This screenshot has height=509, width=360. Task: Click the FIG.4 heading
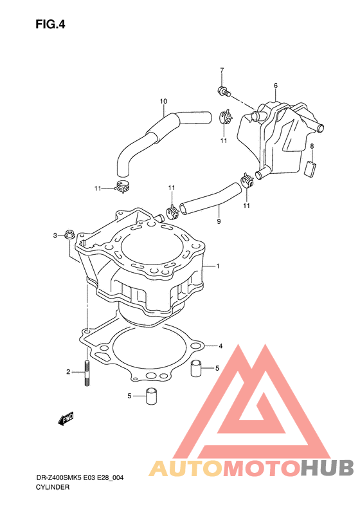click(x=50, y=24)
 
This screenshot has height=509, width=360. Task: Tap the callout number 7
click(x=222, y=70)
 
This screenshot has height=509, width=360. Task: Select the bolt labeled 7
click(x=224, y=91)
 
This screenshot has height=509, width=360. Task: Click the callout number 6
click(x=276, y=86)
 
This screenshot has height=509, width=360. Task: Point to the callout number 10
click(x=163, y=101)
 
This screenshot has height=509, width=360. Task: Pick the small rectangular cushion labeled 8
click(x=310, y=169)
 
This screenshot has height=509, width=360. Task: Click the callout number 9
click(x=219, y=221)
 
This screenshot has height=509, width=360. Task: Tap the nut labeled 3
click(x=69, y=234)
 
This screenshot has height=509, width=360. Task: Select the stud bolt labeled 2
click(x=87, y=373)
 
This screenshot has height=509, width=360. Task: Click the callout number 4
click(x=221, y=346)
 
